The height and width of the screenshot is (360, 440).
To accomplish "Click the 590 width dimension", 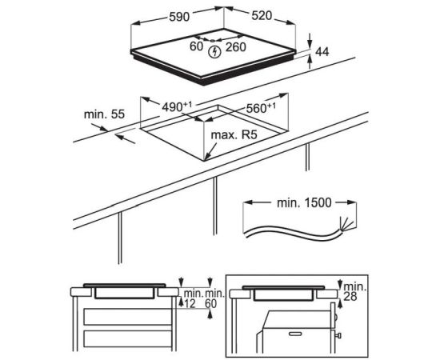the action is point(179,17).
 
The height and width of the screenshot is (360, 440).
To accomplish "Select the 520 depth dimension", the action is point(262,16).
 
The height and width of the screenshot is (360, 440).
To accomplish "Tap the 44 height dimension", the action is point(322,52).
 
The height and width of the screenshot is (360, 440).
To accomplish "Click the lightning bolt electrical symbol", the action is point(215,52).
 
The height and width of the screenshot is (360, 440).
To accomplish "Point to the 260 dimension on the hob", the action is point(236,47).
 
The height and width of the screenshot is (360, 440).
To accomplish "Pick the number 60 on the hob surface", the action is point(196,46).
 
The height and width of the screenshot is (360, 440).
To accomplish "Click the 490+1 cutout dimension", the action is point(177,106).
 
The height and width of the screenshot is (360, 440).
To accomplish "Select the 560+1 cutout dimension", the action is point(261,108).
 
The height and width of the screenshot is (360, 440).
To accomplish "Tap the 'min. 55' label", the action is point(104,114).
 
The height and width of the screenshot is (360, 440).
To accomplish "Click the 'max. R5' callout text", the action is point(234,135).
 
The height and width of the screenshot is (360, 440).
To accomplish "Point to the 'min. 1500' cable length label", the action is point(304,202).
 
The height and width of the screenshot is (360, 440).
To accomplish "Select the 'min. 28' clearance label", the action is point(354,291).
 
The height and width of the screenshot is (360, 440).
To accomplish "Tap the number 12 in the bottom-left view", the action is point(190,304).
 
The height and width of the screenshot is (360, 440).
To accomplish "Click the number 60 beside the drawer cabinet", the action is point(211,304).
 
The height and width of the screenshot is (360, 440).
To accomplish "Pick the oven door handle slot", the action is point(297,334).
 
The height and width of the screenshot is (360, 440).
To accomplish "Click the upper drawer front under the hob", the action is point(128,317).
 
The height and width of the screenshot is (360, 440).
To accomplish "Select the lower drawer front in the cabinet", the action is point(128,339).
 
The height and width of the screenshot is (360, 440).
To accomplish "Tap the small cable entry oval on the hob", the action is point(213,41).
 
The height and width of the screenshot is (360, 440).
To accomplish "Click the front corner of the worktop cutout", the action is point(205,161).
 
